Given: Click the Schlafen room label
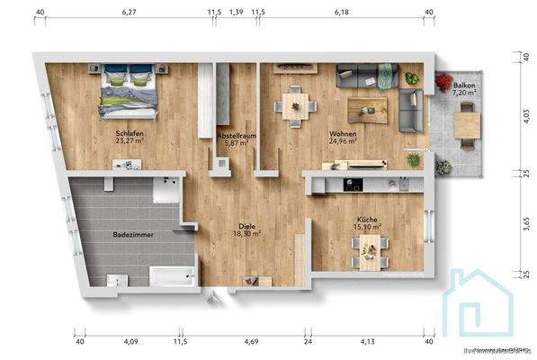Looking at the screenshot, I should coord(130,132).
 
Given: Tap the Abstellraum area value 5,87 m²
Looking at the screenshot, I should coord(236,142).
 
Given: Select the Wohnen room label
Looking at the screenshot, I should coord(343,132).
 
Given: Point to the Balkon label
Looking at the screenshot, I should coord(463,83).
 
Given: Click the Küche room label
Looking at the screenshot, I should coord(367,220).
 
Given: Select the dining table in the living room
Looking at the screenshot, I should coord(293,103).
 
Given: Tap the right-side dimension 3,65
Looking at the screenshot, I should coord(524,220).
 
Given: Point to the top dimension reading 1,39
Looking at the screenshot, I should coord(237,13).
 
